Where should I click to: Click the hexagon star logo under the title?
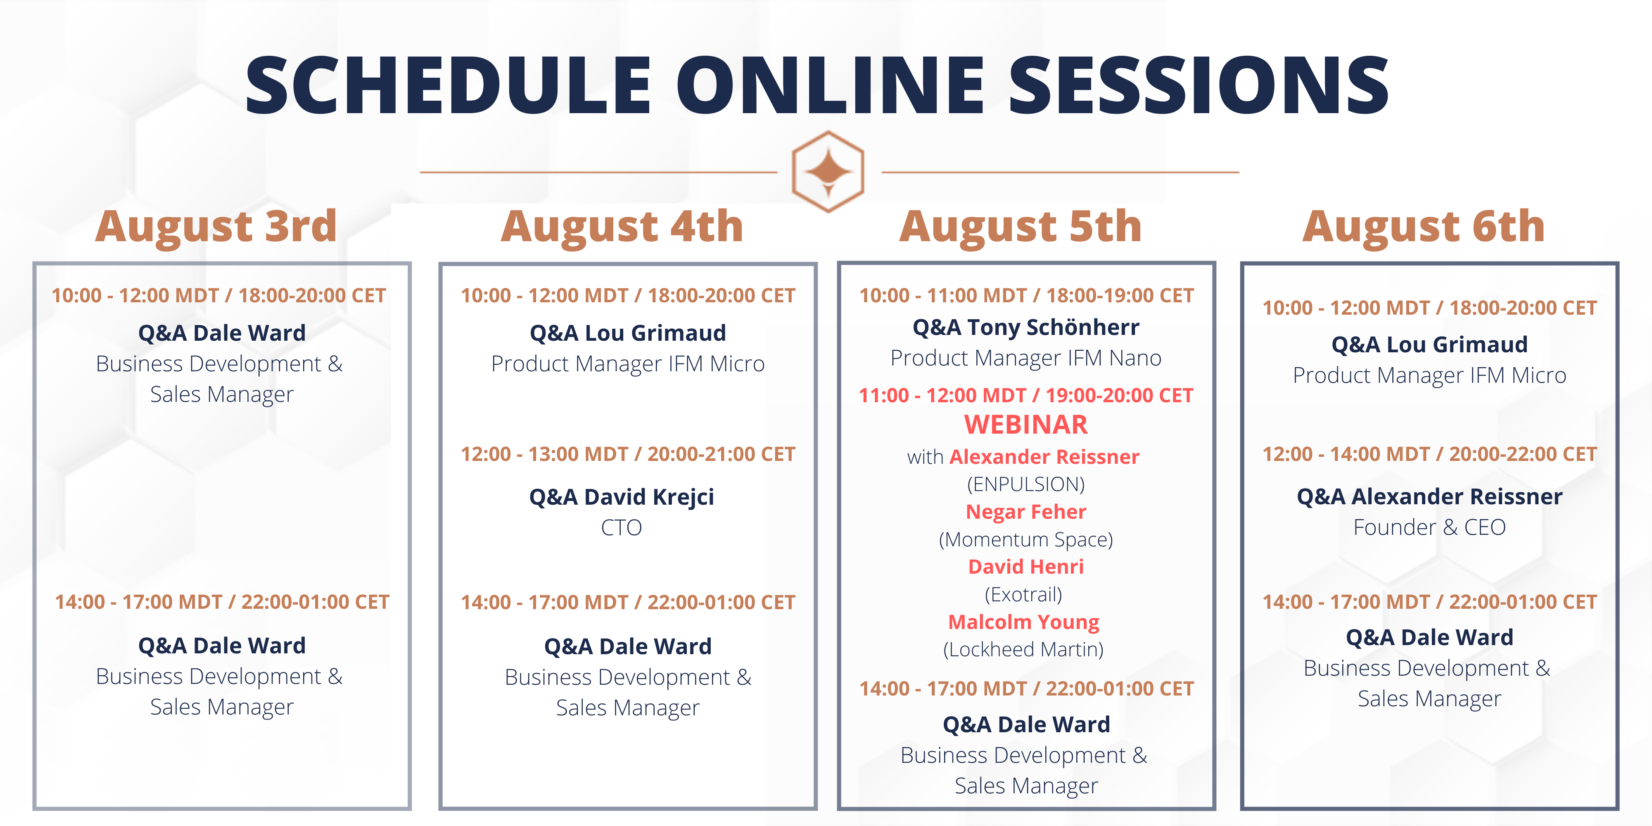pos(828,171)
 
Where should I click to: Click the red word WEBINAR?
pos(1026,425)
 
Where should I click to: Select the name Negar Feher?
pos(1026,512)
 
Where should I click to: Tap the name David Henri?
pos(1026,567)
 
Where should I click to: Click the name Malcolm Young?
pos(1024,622)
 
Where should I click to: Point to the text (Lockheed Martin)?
pos(1023,650)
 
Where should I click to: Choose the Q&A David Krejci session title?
pos(622,497)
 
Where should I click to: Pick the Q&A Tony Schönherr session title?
pos(1026,328)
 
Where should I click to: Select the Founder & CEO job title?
pos(1429,527)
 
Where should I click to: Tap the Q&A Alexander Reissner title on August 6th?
pos(1429,497)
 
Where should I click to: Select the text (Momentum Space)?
pos(1026,540)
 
